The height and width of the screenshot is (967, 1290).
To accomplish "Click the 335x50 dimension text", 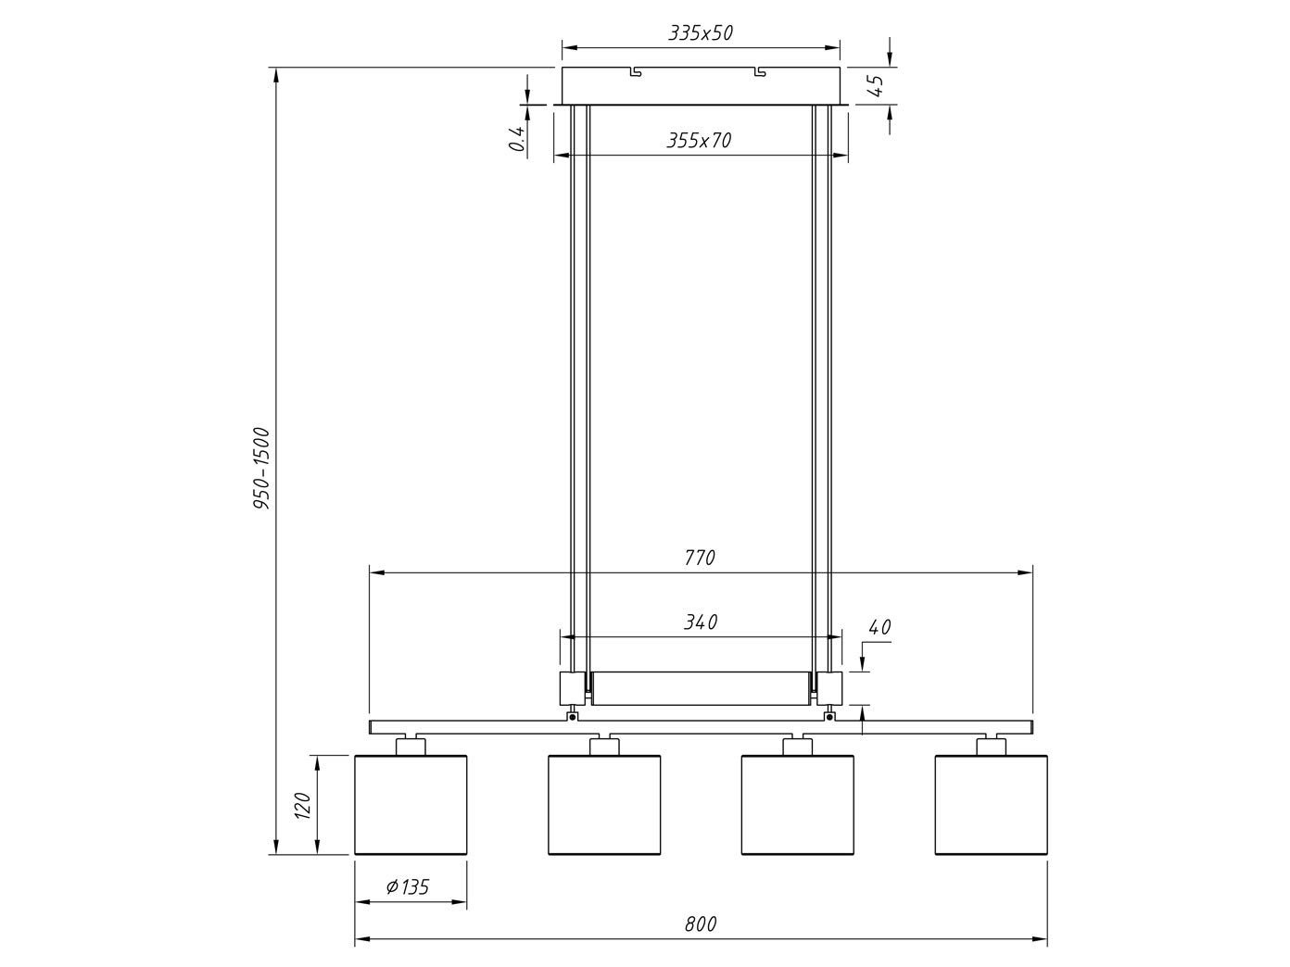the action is [700, 33].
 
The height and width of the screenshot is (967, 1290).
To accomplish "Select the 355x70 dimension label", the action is [699, 141].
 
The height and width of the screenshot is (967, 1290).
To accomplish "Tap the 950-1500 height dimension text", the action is [261, 469].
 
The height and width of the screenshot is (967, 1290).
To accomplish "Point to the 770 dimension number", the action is [700, 558].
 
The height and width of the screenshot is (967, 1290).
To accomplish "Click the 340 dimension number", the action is [701, 622].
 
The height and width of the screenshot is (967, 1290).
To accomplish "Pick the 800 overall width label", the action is [701, 924].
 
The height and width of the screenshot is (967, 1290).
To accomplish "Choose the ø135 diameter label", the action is [408, 886].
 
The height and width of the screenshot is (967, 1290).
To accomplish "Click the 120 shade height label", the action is [302, 806].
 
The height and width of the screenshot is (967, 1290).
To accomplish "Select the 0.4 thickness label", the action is [518, 139].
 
